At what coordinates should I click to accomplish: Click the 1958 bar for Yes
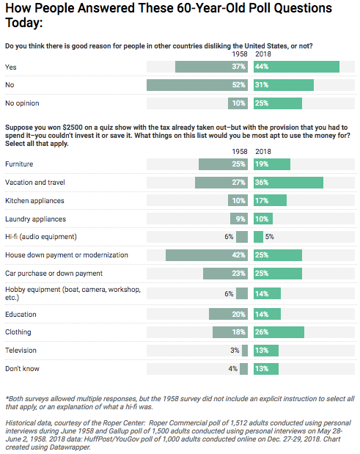pos(211,67)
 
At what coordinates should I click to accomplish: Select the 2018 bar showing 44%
pos(297,67)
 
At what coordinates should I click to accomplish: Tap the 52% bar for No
pos(197,85)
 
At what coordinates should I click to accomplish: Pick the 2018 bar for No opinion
pos(278,103)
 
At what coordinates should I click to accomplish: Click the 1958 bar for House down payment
pos(207,255)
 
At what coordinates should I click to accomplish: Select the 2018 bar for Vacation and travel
pos(289,183)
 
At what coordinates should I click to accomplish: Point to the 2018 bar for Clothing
pos(279,332)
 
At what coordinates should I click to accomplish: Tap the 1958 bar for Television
pos(245,351)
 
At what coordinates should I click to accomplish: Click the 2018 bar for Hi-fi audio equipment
pos(258,237)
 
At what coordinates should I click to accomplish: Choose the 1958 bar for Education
pos(228,314)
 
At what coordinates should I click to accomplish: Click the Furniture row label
pos(19,164)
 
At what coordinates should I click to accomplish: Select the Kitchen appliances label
pos(34,201)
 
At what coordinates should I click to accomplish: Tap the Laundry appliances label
pos(36,219)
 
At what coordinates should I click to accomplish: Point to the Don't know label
pos(22,369)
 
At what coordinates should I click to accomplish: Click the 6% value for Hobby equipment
pos(229,293)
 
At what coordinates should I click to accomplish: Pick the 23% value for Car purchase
pos(238,274)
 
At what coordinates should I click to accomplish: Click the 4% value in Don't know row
pos(233,369)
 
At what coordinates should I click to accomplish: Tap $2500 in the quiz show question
pos(73,128)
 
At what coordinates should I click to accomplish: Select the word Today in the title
pos(24,23)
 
